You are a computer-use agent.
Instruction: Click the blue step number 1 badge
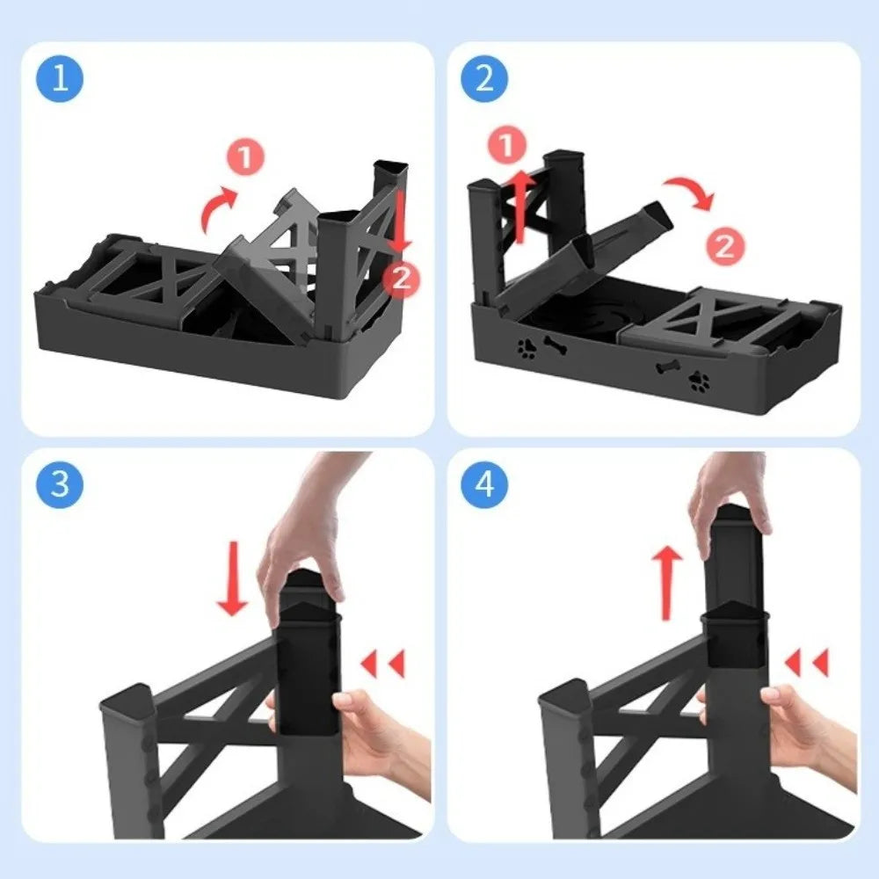point(60,80)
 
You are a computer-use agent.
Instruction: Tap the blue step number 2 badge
point(484,80)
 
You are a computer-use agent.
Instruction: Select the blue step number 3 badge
point(60,484)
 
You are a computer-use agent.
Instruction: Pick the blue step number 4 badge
point(484,484)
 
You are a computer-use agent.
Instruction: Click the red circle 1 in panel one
point(245,158)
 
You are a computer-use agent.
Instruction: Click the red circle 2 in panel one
point(401,279)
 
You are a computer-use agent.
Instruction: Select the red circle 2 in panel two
point(724,246)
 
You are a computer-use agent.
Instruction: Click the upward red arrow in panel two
point(520,207)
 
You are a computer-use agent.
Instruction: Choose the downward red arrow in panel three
point(234,580)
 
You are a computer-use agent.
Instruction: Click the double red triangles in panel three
point(383,664)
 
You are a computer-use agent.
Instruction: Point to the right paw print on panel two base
point(701,381)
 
